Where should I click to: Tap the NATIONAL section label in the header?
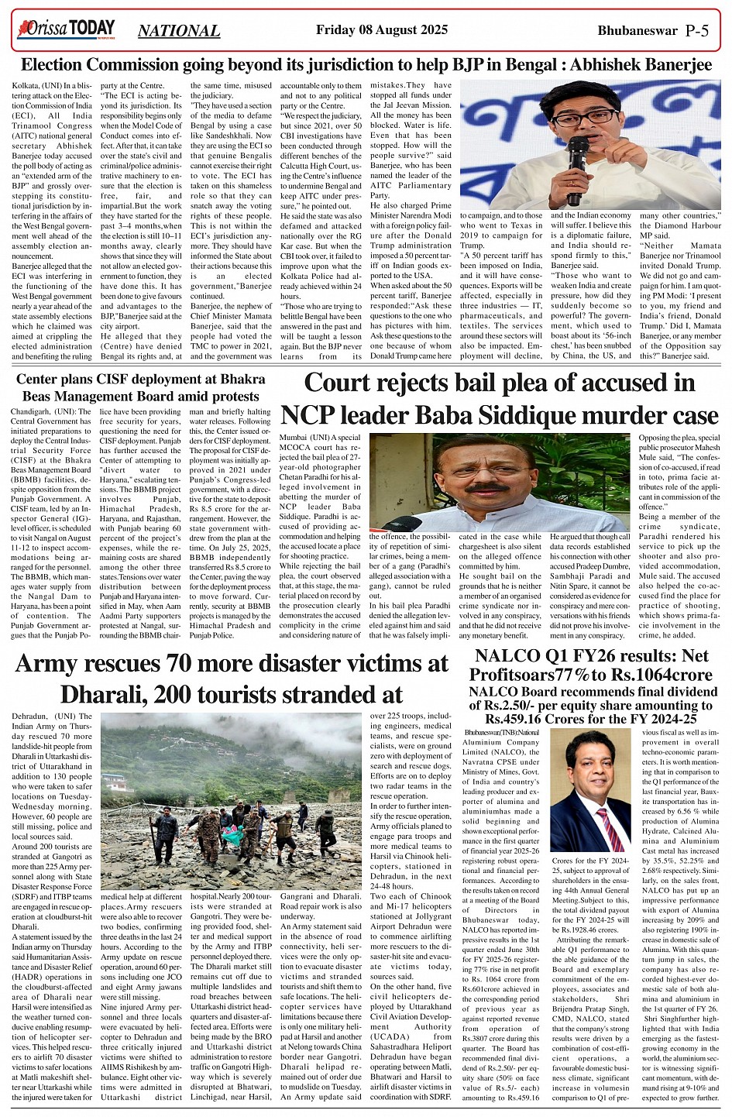(179, 31)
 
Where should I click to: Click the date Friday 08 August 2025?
(382, 30)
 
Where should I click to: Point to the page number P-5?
(697, 30)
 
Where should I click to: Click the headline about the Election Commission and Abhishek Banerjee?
(366, 65)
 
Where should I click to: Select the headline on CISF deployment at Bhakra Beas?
(140, 387)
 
